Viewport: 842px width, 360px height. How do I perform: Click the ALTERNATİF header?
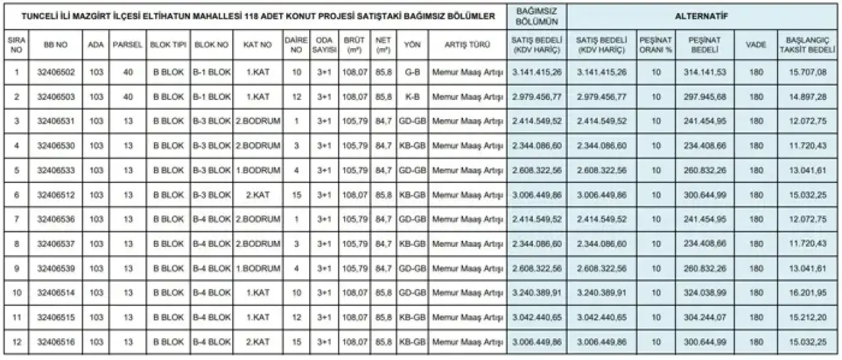703,16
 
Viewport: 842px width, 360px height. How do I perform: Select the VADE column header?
756,45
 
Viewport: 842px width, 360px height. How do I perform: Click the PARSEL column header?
128,45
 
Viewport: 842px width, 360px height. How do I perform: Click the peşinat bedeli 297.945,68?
705,97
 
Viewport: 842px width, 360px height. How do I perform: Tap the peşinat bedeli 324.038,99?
705,294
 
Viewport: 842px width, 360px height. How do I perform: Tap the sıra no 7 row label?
16,220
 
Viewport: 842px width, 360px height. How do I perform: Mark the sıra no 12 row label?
16,343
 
